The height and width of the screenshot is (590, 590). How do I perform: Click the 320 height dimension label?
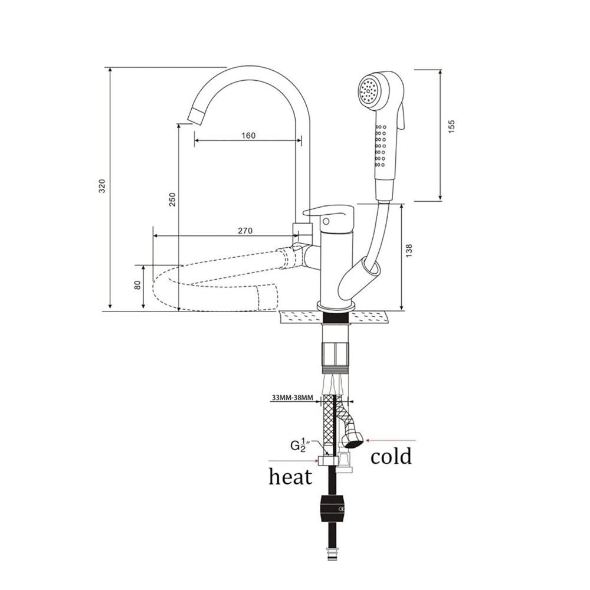[x=102, y=186]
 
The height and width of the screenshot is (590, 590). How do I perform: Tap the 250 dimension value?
[x=172, y=200]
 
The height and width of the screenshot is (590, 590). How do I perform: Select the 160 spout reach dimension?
[x=248, y=135]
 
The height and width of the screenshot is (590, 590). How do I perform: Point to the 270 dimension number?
[x=245, y=231]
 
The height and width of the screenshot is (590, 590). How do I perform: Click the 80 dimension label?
[x=137, y=285]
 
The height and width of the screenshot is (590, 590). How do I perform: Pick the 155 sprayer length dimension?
[x=451, y=126]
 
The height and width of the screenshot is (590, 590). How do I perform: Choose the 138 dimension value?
[x=409, y=251]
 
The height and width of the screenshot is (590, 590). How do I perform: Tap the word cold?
[x=391, y=456]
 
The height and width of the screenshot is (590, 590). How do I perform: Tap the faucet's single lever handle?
[x=330, y=213]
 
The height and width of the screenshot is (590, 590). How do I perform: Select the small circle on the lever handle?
[x=326, y=221]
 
